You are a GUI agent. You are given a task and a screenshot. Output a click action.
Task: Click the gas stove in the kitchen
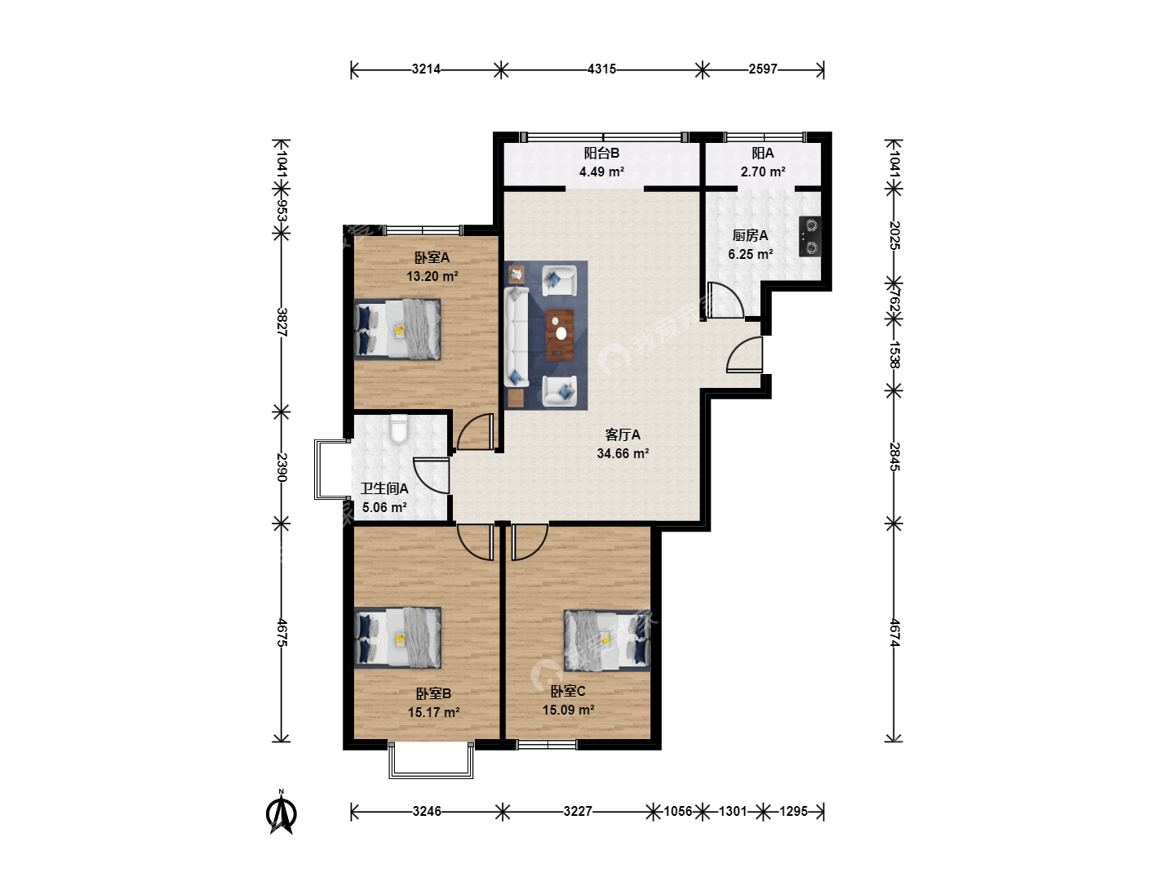click(809, 237)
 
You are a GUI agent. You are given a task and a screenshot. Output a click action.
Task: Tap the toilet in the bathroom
click(399, 429)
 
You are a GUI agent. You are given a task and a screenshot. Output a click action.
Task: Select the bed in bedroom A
click(397, 329)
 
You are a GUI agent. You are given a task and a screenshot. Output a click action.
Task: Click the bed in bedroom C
click(607, 640)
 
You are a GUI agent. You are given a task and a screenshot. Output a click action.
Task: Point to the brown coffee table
click(560, 335)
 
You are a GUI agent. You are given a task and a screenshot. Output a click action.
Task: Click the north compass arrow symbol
click(281, 812)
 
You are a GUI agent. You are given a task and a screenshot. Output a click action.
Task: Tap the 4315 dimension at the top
click(601, 69)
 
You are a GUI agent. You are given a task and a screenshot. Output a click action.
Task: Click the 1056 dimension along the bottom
click(678, 811)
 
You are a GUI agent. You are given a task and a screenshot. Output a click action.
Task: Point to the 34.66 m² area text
click(623, 453)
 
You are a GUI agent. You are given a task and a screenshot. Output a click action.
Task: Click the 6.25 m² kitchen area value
click(751, 254)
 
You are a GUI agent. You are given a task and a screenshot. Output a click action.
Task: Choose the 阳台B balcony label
click(601, 154)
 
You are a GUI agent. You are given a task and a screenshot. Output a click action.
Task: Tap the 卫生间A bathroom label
click(384, 488)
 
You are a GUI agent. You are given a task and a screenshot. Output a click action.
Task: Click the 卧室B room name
click(433, 693)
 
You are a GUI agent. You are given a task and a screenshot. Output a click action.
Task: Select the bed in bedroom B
click(397, 638)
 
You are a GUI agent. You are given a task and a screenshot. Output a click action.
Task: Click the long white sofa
click(517, 336)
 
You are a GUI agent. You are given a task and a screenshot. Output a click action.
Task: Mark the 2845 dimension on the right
click(894, 457)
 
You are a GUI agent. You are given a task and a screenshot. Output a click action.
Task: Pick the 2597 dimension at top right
click(763, 69)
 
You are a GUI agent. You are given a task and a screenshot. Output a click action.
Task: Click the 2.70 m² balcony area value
click(763, 171)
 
